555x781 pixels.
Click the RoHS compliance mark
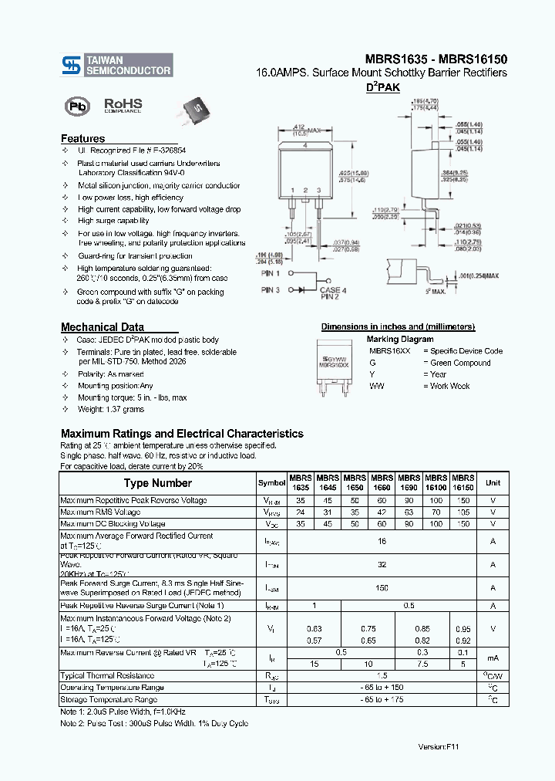coord(123,105)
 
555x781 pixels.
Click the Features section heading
coord(83,139)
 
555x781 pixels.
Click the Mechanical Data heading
coord(102,326)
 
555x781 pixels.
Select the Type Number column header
coord(158,483)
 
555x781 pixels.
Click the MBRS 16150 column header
coord(462,483)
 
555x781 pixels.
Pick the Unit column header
coord(493,483)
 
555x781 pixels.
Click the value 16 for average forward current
coord(381,543)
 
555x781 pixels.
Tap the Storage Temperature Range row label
coord(113,700)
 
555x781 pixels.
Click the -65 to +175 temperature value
coord(381,700)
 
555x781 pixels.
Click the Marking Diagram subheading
coord(399,339)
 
